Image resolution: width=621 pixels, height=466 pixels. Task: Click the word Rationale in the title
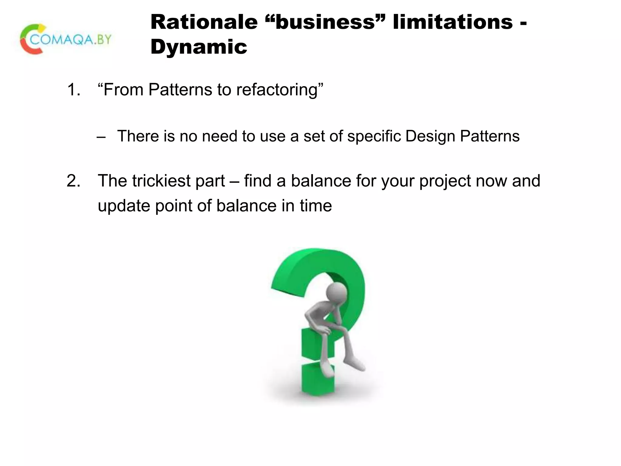point(204,22)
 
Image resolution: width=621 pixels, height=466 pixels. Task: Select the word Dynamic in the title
point(199,47)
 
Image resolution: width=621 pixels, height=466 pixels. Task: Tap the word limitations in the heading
point(452,22)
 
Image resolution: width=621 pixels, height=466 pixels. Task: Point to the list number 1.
point(73,90)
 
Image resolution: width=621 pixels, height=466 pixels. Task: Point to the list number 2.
point(73,181)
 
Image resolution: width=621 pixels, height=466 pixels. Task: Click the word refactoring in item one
point(277,90)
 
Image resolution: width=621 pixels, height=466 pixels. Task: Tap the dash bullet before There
point(101,137)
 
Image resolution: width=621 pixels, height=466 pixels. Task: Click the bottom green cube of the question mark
point(317,380)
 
